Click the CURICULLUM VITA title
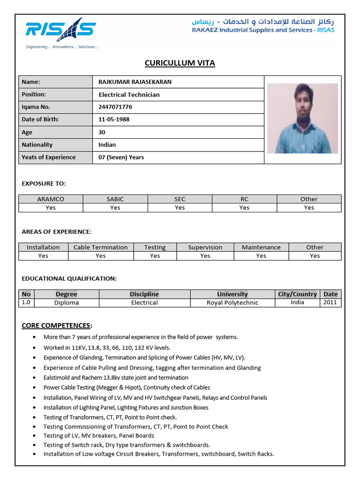pos(180,63)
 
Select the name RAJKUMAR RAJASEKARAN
pos(135,82)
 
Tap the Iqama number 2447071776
pos(115,107)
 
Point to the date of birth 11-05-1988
pos(114,120)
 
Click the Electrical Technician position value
pos(129,95)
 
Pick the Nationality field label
pos(37,145)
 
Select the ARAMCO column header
pos(51,199)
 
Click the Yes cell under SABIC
pos(115,208)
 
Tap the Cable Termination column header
pos(100,247)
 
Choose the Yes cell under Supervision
pos(205,256)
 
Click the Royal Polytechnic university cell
pos(232,303)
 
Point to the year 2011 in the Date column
pos(330,303)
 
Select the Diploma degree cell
pos(67,303)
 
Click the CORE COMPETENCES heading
pos(57,326)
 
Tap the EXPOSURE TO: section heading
pos(44,183)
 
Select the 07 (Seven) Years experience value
pos(121,157)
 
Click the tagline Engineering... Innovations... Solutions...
pos(62,47)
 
